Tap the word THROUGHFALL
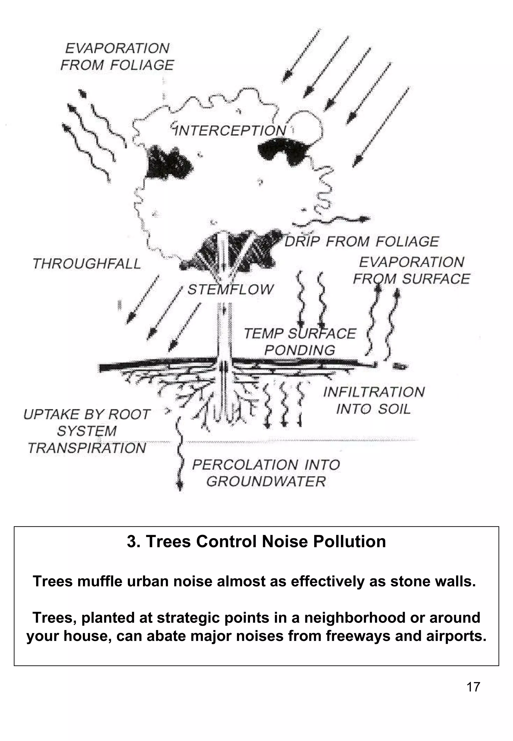coord(87,264)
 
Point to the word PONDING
coord(300,350)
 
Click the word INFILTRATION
coord(374,392)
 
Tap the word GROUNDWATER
coord(266,481)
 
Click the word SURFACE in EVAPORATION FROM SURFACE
coord(436,279)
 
